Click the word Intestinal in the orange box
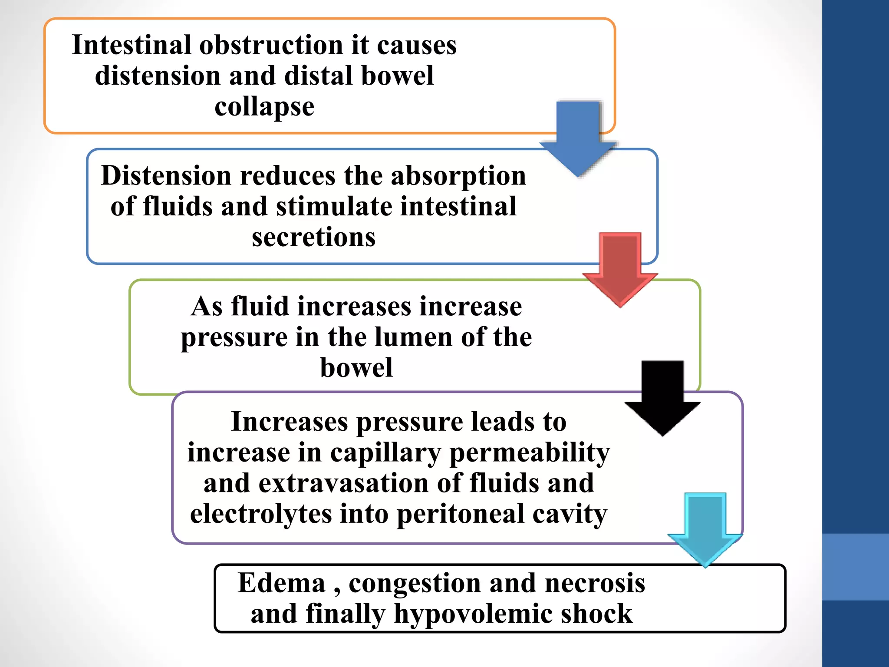(x=132, y=45)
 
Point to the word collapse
(x=264, y=107)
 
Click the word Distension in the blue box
(x=166, y=176)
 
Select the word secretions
(x=313, y=238)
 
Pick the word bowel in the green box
(x=356, y=368)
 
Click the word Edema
(x=281, y=583)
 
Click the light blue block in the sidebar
(x=855, y=567)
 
